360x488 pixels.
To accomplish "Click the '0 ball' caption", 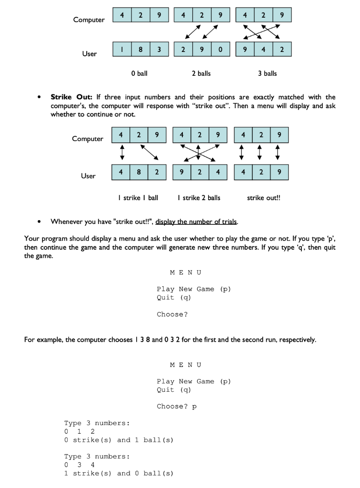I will click(x=139, y=73).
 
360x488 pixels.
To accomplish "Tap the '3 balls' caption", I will click(x=267, y=73).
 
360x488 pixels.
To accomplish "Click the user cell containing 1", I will click(x=122, y=49).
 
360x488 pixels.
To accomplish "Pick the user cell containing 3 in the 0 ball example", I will click(x=159, y=49).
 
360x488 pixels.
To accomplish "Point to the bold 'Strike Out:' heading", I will click(x=71, y=97).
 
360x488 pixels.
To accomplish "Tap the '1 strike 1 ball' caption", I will click(x=138, y=198).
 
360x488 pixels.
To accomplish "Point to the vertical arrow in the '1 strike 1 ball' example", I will click(x=121, y=153).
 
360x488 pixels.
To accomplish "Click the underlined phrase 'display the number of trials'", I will click(x=197, y=222).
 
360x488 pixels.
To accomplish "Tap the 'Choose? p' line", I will click(x=176, y=407).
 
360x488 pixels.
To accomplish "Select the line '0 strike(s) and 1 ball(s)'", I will click(x=119, y=440).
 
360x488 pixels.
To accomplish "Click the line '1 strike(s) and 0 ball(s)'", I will click(x=119, y=473).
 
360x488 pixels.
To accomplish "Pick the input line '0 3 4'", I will click(x=80, y=465).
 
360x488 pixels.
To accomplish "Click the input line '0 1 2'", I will click(x=80, y=431).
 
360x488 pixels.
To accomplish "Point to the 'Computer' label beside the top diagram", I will click(x=89, y=20).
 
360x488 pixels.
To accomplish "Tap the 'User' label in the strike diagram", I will click(x=88, y=176).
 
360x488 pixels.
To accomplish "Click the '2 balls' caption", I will click(x=201, y=73).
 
